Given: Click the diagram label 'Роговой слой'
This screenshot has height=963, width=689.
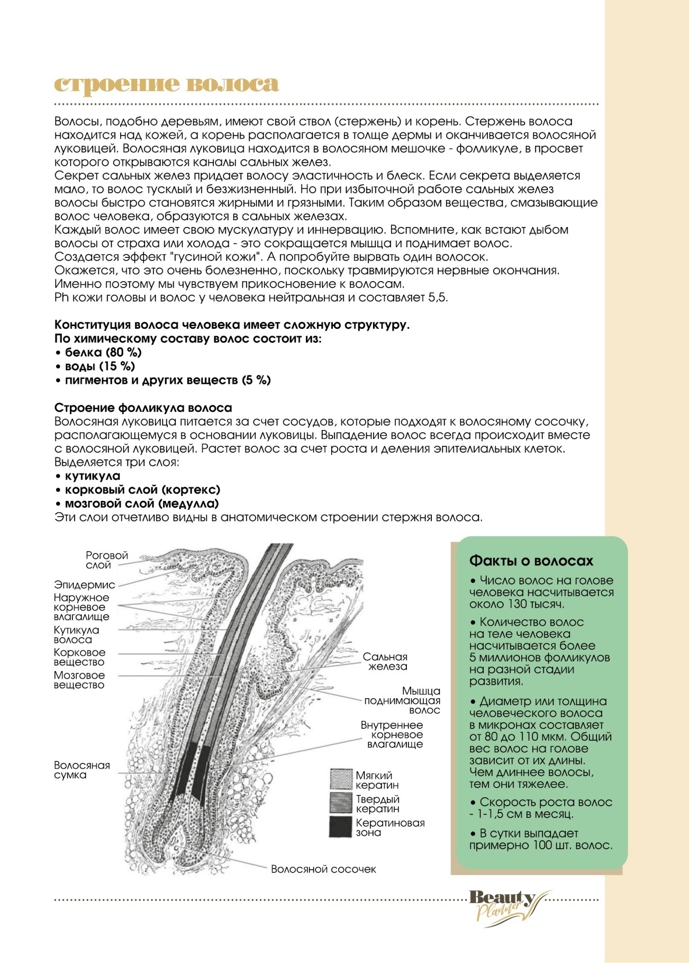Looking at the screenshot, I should tap(106, 560).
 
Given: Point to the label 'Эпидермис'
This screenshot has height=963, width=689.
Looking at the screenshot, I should tap(84, 585).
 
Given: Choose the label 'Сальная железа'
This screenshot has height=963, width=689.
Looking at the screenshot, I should tap(385, 662).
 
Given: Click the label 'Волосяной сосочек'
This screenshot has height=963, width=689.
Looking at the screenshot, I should tap(323, 869).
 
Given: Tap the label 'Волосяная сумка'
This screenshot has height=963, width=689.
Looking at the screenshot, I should tap(81, 770).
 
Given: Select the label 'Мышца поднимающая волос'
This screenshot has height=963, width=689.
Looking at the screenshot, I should tap(403, 700).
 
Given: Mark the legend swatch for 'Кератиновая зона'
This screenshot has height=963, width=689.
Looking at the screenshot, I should tap(341, 827).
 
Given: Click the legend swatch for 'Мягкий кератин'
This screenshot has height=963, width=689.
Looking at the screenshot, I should tap(341, 780).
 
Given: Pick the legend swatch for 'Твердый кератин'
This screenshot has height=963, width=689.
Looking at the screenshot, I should tap(341, 803).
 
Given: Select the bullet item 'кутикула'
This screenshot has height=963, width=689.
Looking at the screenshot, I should tap(92, 476).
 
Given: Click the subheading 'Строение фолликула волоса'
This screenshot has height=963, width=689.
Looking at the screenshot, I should tap(143, 408).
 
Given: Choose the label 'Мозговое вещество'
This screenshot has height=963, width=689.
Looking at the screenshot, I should tap(79, 680).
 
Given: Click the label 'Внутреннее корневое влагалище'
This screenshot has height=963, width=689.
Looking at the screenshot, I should tap(392, 734).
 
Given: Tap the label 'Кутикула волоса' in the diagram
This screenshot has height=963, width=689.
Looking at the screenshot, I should tap(76, 635).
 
